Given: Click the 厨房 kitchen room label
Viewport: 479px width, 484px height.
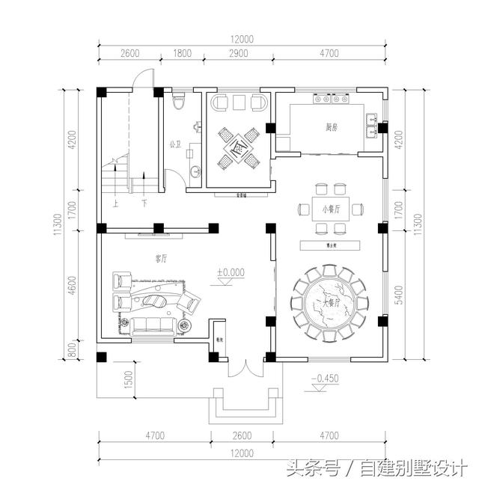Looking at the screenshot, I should tap(332, 128).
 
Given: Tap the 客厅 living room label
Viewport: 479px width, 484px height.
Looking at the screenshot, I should tap(161, 259).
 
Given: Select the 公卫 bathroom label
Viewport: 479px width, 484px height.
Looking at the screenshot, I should tap(176, 144).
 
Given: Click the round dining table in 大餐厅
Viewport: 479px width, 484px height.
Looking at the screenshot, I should tap(329, 302).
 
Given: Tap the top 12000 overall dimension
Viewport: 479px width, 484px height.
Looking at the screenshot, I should tap(242, 39).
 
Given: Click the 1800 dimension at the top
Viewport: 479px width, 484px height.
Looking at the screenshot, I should tap(182, 53).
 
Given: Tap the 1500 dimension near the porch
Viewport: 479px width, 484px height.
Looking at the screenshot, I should tap(128, 379).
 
